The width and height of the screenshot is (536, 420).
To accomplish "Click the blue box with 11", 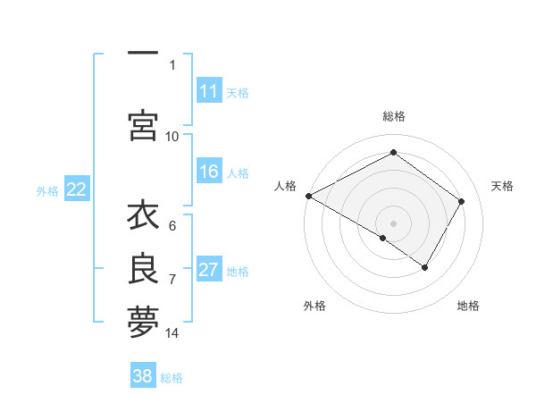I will click(x=209, y=91).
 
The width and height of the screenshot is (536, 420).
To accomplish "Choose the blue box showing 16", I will click(x=209, y=172).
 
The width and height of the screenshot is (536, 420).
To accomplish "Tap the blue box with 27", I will click(x=209, y=270).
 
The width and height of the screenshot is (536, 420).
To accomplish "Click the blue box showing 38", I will click(x=143, y=376).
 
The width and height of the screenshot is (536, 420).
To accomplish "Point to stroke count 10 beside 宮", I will click(x=172, y=136).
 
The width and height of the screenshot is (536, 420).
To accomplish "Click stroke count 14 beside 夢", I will click(x=172, y=333).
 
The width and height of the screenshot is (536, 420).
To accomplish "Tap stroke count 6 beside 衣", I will click(x=172, y=226).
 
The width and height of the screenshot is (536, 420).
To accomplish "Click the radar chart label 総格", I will click(x=393, y=116).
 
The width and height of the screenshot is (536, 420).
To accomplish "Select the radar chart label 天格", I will click(x=502, y=186).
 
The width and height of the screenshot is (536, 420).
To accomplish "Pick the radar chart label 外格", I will click(x=314, y=306).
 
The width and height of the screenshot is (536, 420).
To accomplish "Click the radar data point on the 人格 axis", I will click(x=308, y=195).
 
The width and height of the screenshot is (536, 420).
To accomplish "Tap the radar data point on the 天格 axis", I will click(x=462, y=201).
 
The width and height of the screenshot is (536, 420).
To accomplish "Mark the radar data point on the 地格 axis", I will click(x=425, y=267).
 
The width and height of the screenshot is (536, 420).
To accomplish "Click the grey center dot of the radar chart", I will click(x=393, y=223).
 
